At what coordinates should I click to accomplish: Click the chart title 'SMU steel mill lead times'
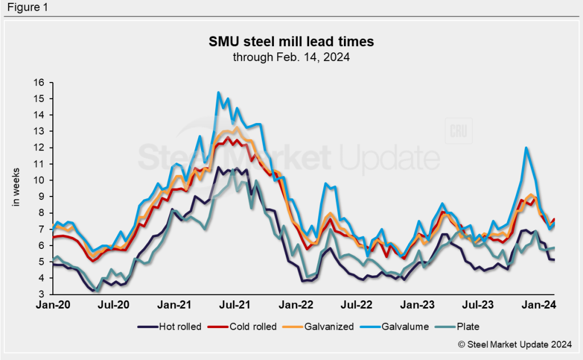click(291, 42)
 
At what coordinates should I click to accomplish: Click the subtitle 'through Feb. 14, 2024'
click(291, 58)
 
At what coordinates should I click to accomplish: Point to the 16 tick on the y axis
click(39, 83)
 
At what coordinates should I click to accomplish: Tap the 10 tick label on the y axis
click(39, 180)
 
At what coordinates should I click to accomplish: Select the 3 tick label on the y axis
click(41, 294)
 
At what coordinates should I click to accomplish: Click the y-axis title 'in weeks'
click(17, 189)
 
